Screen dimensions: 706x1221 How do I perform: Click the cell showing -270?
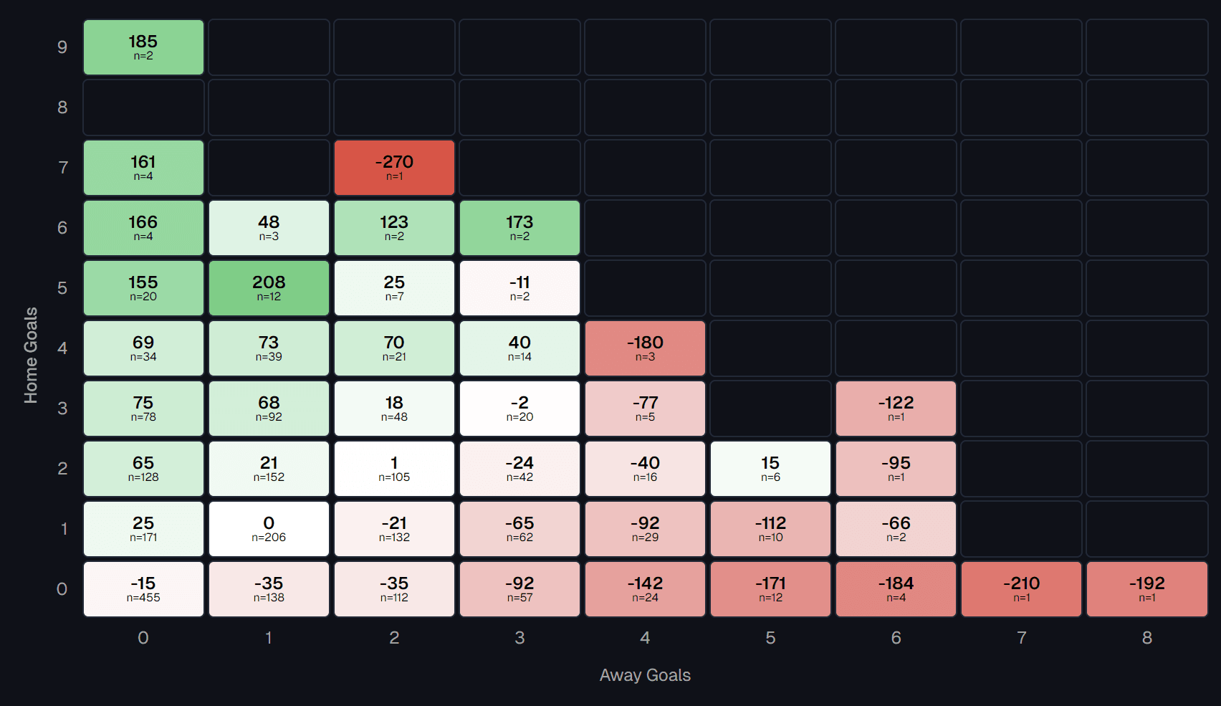[x=394, y=168]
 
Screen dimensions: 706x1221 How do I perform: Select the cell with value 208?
[x=269, y=288]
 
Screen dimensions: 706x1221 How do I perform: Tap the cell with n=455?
[x=143, y=589]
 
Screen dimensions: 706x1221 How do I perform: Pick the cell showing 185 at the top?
[x=143, y=47]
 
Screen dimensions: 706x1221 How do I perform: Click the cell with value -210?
[x=1021, y=589]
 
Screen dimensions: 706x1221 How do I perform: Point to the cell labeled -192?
[x=1146, y=589]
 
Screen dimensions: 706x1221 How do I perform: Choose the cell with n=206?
[x=269, y=529]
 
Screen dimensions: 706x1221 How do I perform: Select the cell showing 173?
[x=519, y=228]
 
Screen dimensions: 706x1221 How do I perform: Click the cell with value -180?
[x=645, y=348]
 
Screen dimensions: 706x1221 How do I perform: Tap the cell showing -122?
[x=896, y=409]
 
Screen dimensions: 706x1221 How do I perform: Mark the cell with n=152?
[x=269, y=469]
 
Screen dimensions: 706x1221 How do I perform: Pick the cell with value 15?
[x=770, y=469]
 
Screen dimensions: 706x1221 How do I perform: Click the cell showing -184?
[x=896, y=589]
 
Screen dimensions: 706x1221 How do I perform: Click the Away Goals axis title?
[x=645, y=675]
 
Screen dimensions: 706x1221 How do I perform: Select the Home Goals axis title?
[x=31, y=356]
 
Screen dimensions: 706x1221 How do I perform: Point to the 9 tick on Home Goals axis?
[x=62, y=47]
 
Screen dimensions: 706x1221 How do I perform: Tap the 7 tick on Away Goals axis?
[x=1021, y=638]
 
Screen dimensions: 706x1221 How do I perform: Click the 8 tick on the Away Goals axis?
[x=1146, y=638]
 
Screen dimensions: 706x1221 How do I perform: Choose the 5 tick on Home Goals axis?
[x=62, y=288]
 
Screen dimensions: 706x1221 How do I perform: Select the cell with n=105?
[x=394, y=469]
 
